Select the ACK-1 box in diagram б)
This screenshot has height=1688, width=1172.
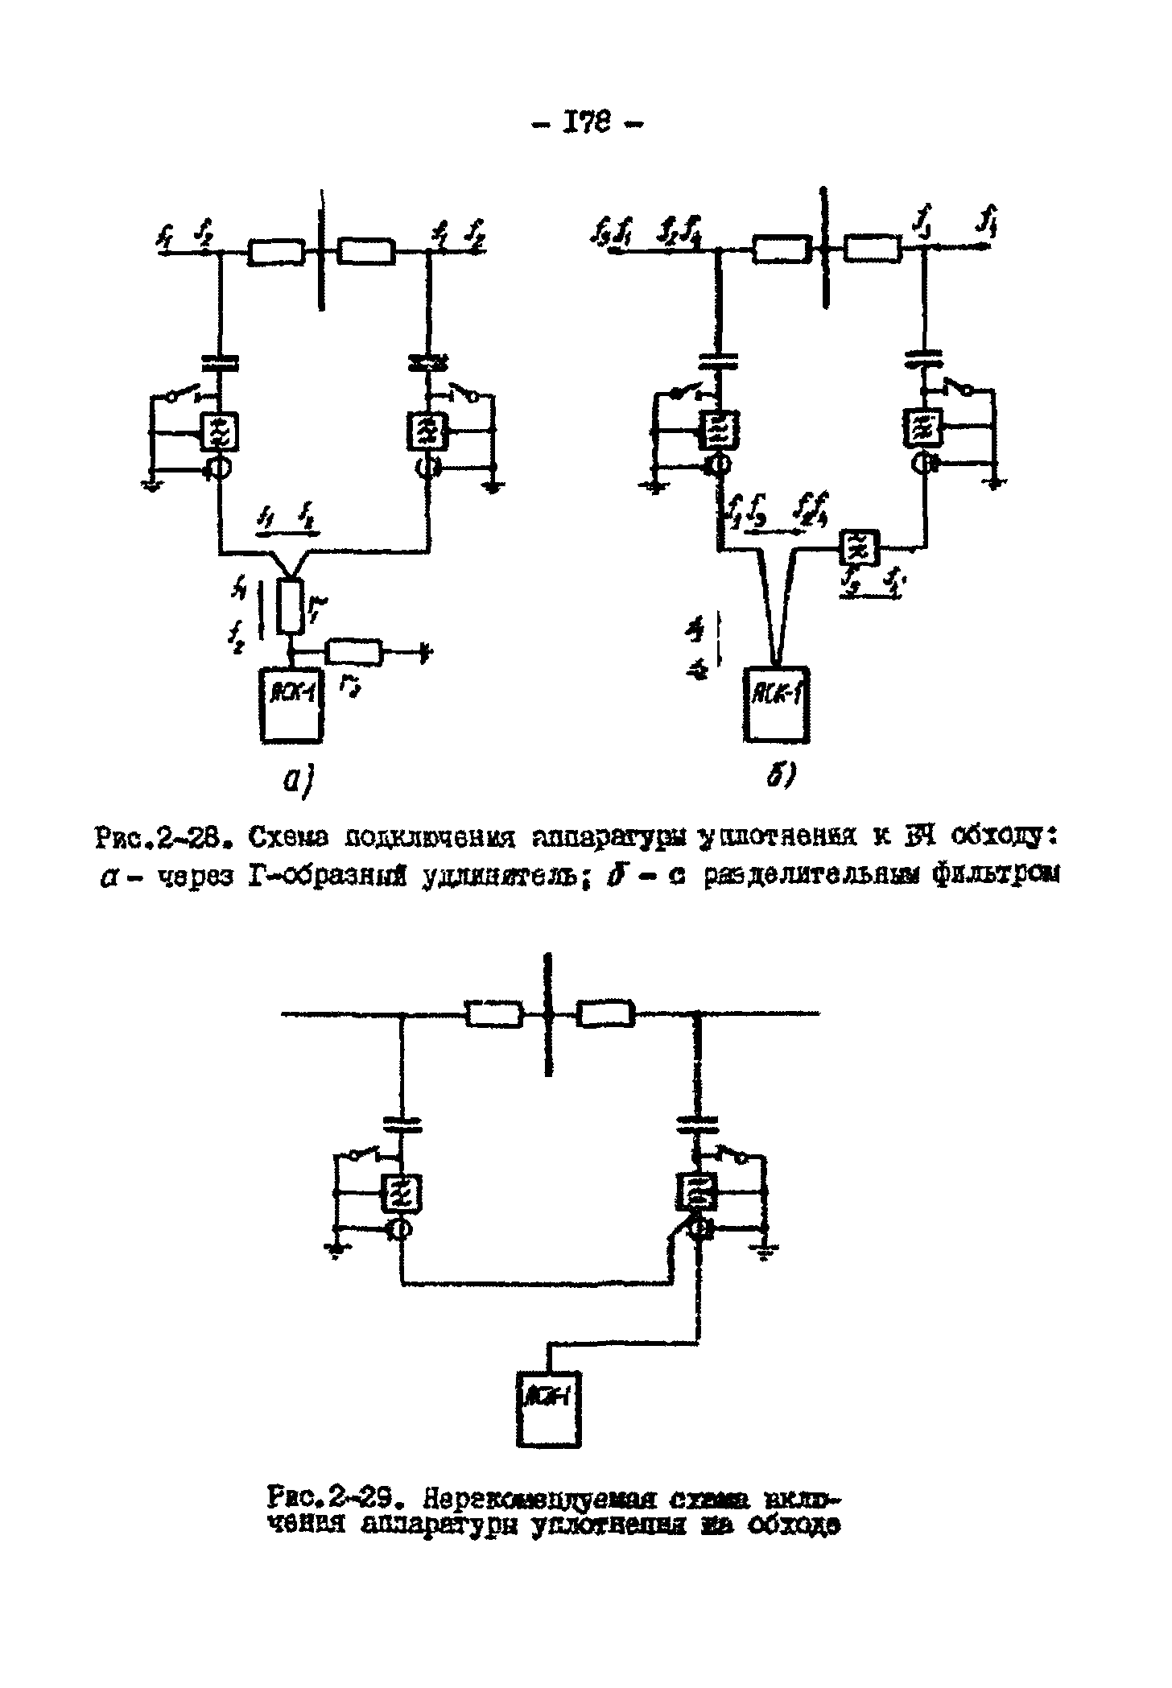(777, 704)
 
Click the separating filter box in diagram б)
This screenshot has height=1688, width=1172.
(859, 550)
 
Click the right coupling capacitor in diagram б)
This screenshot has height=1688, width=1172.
(926, 356)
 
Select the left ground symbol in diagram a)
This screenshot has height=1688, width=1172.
(151, 485)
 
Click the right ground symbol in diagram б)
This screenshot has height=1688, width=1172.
(996, 482)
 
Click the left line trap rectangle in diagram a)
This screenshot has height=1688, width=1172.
(276, 253)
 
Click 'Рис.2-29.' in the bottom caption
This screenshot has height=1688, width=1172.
(335, 1500)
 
